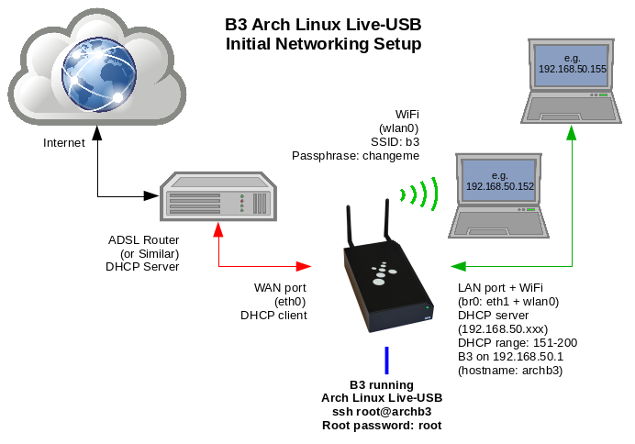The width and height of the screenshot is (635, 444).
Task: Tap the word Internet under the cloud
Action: pyautogui.click(x=64, y=143)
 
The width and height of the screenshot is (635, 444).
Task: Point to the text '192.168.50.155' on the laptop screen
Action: pyautogui.click(x=573, y=69)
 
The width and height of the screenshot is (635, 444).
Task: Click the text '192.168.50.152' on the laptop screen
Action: pyautogui.click(x=499, y=185)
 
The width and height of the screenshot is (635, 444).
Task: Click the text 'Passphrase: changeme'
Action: pyautogui.click(x=355, y=156)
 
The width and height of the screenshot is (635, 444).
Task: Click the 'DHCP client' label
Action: pyautogui.click(x=273, y=316)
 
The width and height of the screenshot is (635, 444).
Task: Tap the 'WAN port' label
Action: pyautogui.click(x=281, y=288)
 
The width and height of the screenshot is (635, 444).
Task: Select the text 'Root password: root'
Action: pyautogui.click(x=382, y=426)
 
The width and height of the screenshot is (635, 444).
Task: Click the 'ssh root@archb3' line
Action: pyautogui.click(x=382, y=412)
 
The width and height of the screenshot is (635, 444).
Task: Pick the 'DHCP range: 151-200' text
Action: pyautogui.click(x=518, y=343)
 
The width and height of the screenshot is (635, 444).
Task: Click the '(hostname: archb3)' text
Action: pyautogui.click(x=509, y=371)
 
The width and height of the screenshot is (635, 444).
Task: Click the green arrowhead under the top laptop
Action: pyautogui.click(x=572, y=133)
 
